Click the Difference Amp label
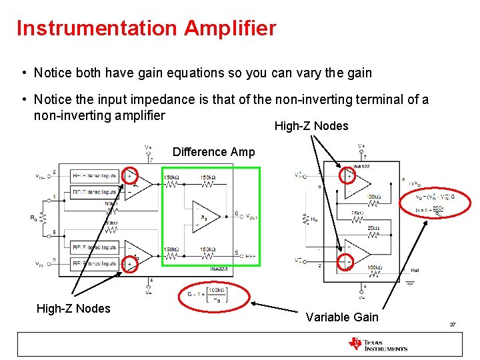pos(213,152)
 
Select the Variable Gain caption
pos(342,317)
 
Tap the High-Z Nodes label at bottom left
pos(73,308)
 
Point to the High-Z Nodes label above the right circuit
pos(311,126)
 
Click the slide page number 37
pos(452,325)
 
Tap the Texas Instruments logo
pos(377,344)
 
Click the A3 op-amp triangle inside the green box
pos(202,215)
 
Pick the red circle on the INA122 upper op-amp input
pos(347,175)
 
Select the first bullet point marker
pos(23,73)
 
